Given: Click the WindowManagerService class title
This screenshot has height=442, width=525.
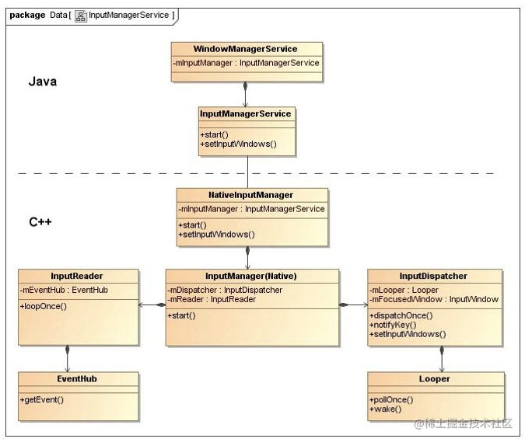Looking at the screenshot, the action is point(245,49).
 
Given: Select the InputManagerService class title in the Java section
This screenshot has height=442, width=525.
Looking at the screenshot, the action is point(246,113).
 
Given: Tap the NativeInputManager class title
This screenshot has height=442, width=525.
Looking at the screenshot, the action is point(250,195).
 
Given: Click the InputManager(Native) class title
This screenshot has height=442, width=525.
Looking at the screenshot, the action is point(251,277).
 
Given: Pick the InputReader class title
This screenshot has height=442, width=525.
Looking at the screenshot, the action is point(77,277).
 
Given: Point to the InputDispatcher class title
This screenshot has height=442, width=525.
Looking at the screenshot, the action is point(433,277).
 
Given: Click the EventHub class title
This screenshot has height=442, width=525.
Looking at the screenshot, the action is point(77,379).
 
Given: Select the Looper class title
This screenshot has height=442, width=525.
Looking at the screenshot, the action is point(434,379).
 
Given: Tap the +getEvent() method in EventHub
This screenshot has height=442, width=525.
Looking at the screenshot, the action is point(42,400).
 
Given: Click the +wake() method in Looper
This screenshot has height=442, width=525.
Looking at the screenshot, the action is point(385,409).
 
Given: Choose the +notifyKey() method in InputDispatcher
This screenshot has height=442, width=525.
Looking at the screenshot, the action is point(393,325).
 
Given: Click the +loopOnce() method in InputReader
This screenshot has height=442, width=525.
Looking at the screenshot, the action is point(44,306).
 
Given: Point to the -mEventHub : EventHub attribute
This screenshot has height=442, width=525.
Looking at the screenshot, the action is point(64,290).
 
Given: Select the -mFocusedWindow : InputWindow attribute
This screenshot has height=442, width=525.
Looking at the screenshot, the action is point(434,299).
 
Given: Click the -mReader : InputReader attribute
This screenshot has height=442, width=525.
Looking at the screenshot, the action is point(212,299).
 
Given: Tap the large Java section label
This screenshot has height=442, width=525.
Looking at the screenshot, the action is point(43,82).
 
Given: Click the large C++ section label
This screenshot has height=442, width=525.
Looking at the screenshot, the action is point(40,222).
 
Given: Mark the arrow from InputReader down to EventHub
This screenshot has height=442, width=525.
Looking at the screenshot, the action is point(68,359).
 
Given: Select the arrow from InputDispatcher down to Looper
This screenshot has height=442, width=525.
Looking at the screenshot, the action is point(442,359).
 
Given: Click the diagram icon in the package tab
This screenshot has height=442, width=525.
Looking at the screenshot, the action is point(81,16).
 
